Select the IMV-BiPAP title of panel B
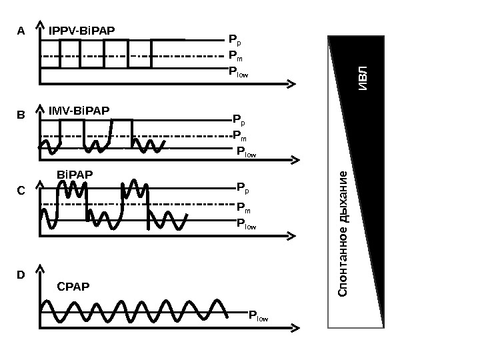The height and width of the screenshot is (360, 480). [x=79, y=109]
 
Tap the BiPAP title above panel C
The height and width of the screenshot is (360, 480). [x=75, y=175]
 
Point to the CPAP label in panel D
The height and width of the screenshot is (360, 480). [x=73, y=287]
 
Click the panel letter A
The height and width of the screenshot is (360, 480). [x=21, y=31]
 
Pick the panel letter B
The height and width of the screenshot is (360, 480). [x=21, y=115]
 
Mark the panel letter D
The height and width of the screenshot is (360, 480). [x=21, y=275]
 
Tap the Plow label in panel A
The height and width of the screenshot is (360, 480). [x=238, y=71]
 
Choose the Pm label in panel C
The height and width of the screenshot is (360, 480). [x=243, y=209]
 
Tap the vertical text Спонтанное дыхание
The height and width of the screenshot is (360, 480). [x=343, y=233]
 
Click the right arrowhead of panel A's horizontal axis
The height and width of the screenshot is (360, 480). [x=291, y=83]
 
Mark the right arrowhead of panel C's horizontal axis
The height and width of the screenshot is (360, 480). [x=291, y=235]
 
